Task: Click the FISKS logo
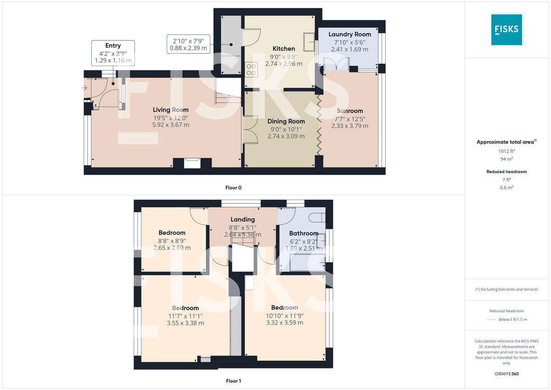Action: coord(506,29)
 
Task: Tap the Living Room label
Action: coord(171,110)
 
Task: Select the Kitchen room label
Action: coord(284,49)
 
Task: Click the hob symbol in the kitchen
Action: coord(252,69)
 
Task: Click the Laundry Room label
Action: coord(349,34)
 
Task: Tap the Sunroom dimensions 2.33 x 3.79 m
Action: coord(349,125)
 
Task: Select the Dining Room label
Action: coord(286,121)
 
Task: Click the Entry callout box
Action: coord(113,53)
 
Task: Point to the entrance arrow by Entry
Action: coord(85,88)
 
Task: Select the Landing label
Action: coord(242,220)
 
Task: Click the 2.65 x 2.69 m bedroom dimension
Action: coord(172,248)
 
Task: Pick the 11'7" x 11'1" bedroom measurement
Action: coord(186,316)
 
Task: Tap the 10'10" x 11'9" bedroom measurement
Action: coord(284,315)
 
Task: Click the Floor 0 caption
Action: coord(233,187)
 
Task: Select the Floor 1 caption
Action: coord(233,381)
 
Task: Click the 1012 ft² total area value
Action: coord(506,151)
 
